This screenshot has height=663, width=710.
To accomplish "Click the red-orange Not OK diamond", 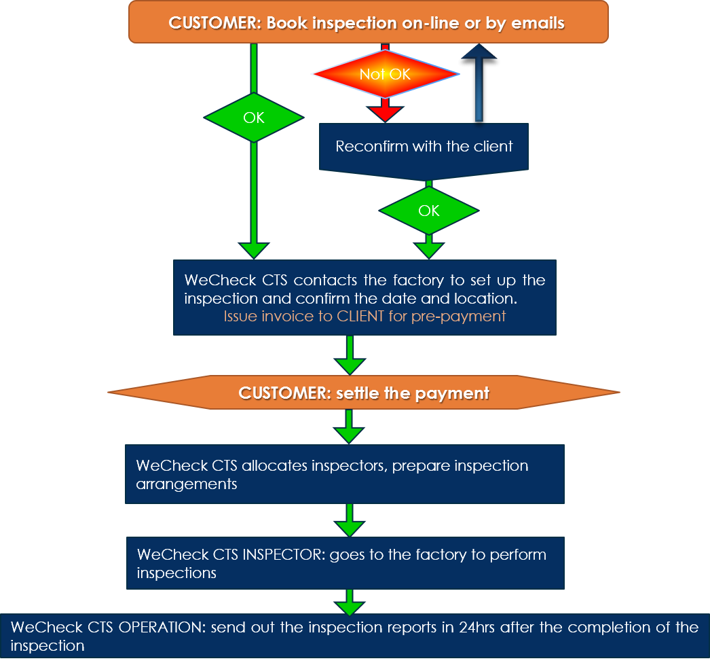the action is click(386, 74).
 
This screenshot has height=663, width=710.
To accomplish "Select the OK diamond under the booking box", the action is click(254, 118).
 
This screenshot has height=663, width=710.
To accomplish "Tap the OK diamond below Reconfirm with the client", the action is click(429, 211).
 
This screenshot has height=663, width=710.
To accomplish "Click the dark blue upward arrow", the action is click(479, 83).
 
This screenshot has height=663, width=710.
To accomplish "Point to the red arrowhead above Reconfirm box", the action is click(385, 114).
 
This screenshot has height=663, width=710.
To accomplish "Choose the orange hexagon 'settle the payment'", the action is click(364, 393).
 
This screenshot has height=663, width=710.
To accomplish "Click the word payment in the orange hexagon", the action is click(452, 393).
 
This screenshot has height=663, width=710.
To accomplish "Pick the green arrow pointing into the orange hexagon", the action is click(350, 355).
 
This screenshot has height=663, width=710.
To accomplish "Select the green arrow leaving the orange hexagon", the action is click(349, 427).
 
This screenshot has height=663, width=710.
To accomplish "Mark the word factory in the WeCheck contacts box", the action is click(418, 281).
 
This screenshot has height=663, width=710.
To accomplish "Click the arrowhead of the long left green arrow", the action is click(254, 251).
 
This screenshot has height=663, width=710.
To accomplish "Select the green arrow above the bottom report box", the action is click(349, 603).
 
